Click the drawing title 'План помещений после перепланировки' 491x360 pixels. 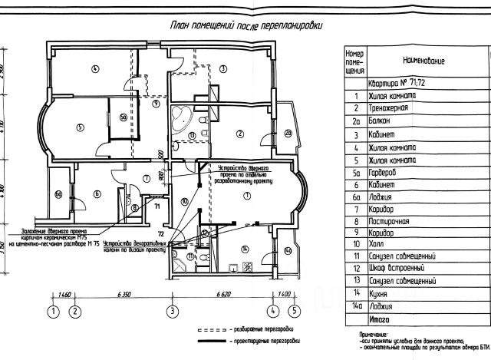pyautogui.click(x=246, y=25)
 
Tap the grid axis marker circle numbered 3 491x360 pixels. pyautogui.click(x=173, y=311)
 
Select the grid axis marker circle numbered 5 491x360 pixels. pyautogui.click(x=294, y=311)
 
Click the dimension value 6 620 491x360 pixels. pyautogui.click(x=225, y=295)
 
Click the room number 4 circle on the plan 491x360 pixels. pyautogui.click(x=95, y=68)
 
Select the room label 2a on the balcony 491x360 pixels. pyautogui.click(x=288, y=134)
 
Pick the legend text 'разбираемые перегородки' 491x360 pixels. pyautogui.click(x=262, y=326)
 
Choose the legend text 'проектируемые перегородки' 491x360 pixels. pyautogui.click(x=264, y=339)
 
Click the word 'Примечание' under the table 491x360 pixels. pyautogui.click(x=375, y=335)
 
